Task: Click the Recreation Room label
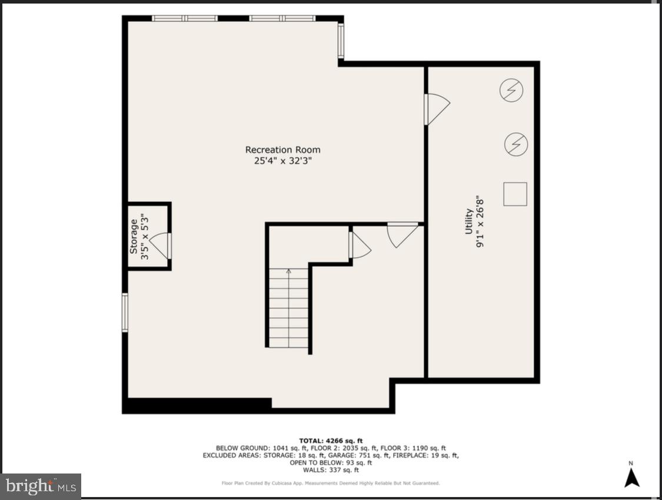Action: [x=282, y=150]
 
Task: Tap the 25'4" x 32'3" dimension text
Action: [x=282, y=161]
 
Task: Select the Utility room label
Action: [x=469, y=221]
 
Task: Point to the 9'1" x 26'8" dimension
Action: [x=480, y=221]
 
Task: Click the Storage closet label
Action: [x=134, y=236]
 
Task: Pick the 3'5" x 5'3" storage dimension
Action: [x=145, y=236]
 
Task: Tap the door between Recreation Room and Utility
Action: [x=436, y=110]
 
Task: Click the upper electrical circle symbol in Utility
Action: [x=511, y=90]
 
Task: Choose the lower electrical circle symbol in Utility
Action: [x=516, y=144]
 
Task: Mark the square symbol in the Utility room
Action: [x=515, y=194]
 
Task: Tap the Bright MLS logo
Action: [x=41, y=486]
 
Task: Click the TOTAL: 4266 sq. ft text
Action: [x=331, y=441]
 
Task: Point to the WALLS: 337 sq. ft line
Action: [x=331, y=470]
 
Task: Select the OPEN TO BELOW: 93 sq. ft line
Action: [x=331, y=462]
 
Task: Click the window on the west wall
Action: [x=125, y=312]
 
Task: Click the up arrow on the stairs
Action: [x=288, y=273]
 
